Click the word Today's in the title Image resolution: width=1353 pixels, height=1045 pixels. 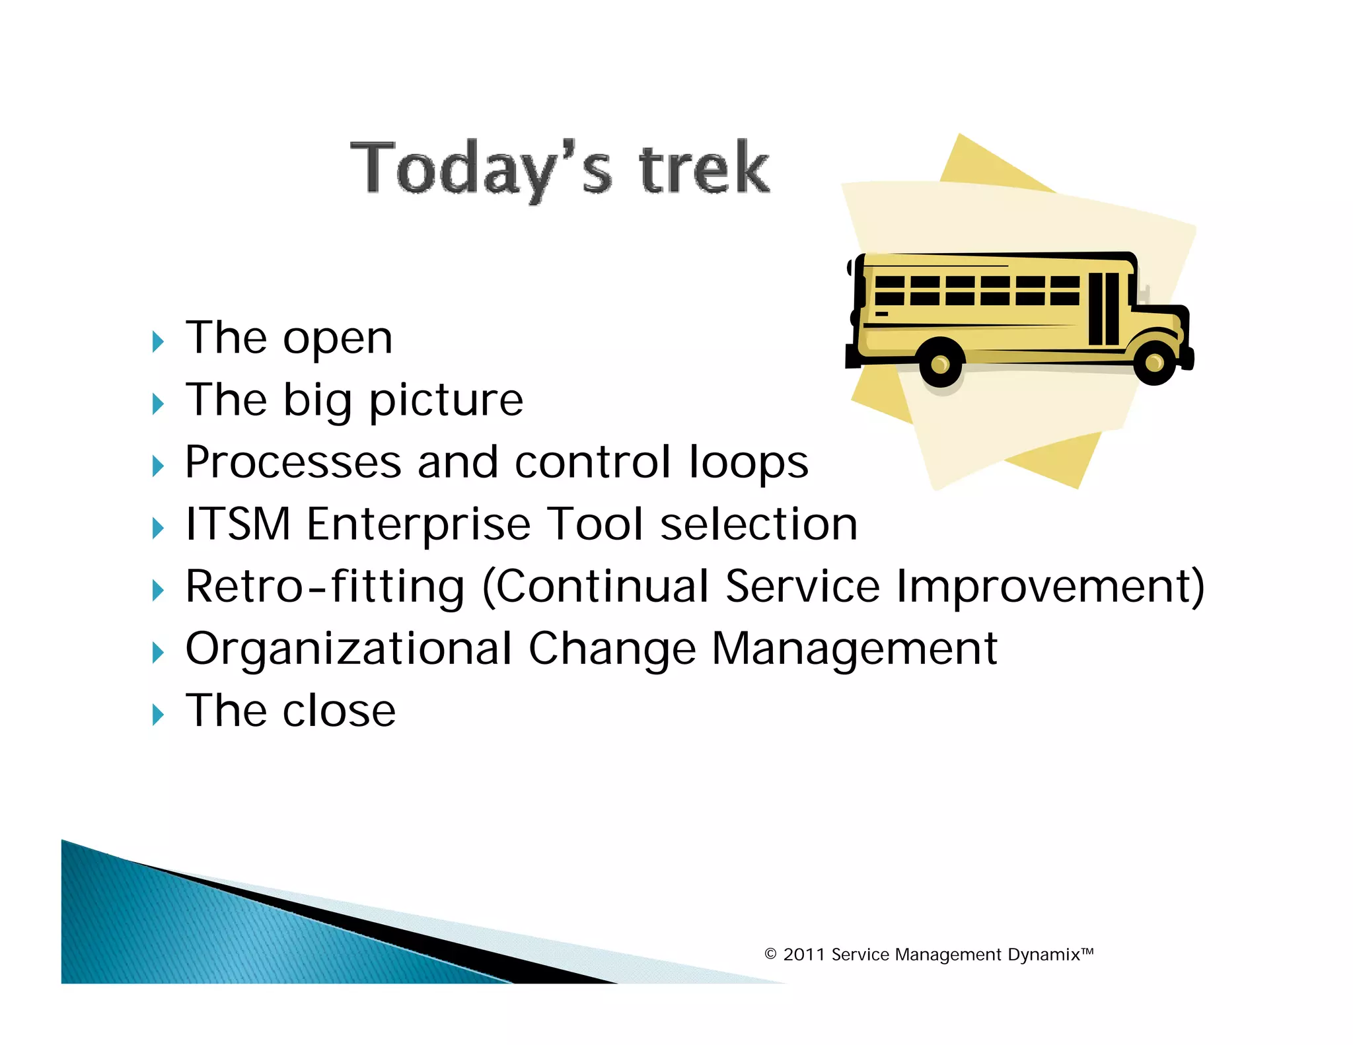[480, 168]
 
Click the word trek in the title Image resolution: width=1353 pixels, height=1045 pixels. [704, 168]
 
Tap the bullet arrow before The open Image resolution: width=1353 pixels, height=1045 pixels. [157, 342]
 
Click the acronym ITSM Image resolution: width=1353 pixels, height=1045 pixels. [238, 524]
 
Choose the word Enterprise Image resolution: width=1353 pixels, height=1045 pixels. [419, 524]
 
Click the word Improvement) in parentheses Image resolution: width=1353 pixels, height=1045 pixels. [1050, 587]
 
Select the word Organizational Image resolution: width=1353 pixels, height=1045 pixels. [349, 649]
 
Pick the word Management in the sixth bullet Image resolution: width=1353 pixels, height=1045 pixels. [854, 649]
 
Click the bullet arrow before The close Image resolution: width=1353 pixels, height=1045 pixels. [157, 714]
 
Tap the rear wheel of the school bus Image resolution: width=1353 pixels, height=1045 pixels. [940, 363]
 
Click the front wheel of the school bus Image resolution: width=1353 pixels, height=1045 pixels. [1154, 362]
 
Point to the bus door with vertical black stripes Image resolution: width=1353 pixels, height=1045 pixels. [1104, 308]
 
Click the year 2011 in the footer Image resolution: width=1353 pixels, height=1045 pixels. [804, 955]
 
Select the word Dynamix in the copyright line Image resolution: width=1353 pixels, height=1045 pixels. [1044, 955]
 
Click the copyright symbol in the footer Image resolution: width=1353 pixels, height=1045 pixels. [770, 955]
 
